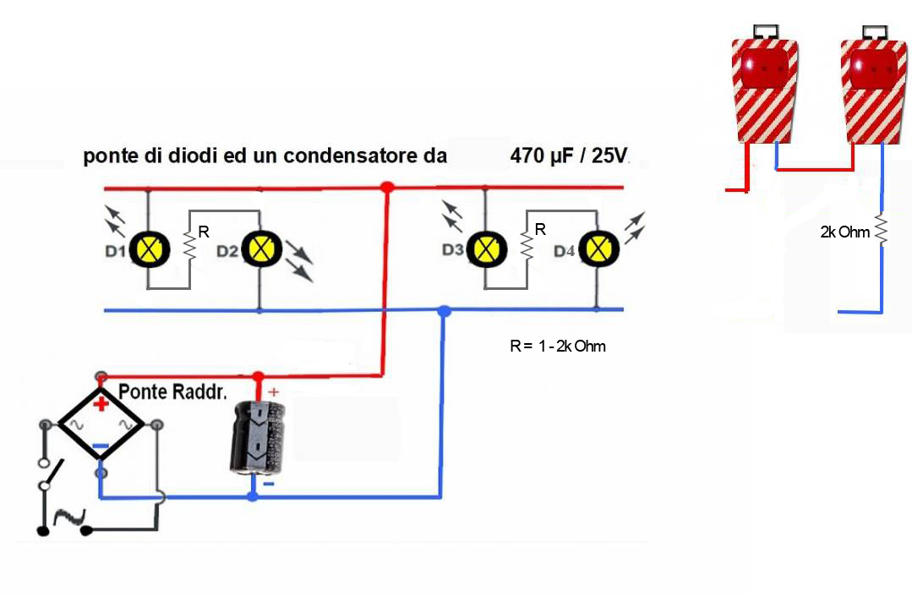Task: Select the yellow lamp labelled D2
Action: point(259,249)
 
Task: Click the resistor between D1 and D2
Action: point(189,246)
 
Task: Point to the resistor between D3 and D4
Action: point(527,246)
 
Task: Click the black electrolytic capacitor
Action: point(258,437)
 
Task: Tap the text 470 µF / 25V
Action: point(570,157)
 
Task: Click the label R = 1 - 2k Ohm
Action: point(558,346)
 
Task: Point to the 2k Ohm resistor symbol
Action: point(882,231)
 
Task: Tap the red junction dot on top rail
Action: point(387,187)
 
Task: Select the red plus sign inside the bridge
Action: point(101,405)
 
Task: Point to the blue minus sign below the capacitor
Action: point(268,484)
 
